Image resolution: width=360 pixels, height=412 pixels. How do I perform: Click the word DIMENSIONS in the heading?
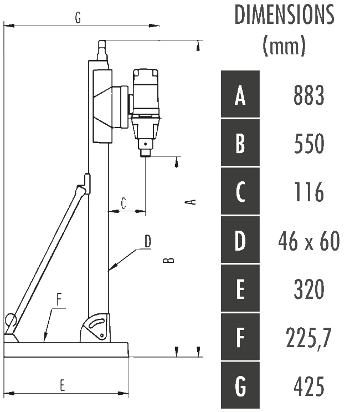pyautogui.click(x=285, y=15)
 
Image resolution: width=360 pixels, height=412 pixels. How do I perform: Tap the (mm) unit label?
pyautogui.click(x=284, y=45)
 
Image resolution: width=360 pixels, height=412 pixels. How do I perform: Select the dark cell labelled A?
pyautogui.click(x=240, y=94)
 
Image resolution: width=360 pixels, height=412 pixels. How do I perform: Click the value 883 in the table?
pyautogui.click(x=309, y=95)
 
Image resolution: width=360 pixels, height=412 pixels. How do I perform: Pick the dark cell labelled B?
pyautogui.click(x=240, y=143)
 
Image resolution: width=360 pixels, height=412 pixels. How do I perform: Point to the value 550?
pyautogui.click(x=309, y=144)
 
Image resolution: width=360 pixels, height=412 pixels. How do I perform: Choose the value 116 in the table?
pyautogui.click(x=309, y=192)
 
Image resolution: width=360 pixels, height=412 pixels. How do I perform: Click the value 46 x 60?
pyautogui.click(x=309, y=241)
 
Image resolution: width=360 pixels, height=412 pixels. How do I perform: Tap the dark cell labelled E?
pyautogui.click(x=240, y=288)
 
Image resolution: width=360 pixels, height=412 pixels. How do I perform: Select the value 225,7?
pyautogui.click(x=309, y=338)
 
